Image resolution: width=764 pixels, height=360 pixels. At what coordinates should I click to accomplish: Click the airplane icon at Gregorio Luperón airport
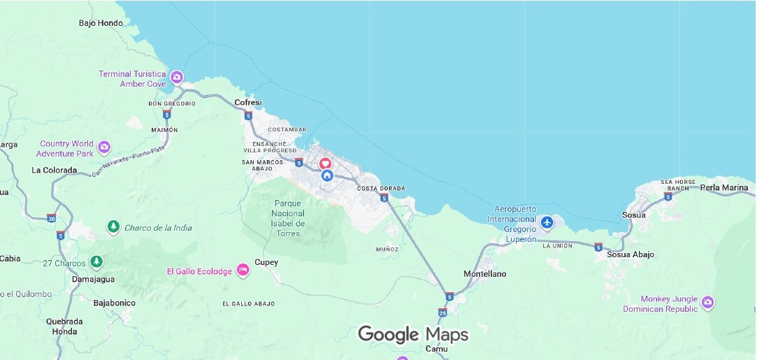[547, 222]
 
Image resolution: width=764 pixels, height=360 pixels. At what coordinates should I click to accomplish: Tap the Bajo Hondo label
[101, 23]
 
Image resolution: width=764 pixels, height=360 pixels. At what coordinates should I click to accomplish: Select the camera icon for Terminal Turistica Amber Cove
[178, 76]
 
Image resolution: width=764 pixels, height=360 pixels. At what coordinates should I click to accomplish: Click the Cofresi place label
[248, 103]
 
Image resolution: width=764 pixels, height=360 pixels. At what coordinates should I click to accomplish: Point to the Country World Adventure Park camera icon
[104, 147]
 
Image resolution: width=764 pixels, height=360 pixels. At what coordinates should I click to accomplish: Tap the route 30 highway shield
[52, 218]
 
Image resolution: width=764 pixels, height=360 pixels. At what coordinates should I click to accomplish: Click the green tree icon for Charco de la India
[113, 226]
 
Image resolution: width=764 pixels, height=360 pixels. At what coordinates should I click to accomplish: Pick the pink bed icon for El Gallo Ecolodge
[243, 270]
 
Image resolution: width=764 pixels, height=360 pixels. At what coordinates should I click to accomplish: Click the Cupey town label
[266, 263]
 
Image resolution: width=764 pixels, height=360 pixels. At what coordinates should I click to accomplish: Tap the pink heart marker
[326, 164]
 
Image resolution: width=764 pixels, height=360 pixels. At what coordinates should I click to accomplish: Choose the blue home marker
[327, 175]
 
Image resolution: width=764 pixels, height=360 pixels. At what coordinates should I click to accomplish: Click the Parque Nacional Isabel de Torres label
[288, 218]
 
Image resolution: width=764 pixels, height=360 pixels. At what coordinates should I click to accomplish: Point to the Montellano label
[485, 274]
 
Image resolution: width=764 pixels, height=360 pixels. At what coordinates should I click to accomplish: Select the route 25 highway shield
[442, 312]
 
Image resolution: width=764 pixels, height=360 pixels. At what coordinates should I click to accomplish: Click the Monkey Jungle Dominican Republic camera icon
[708, 302]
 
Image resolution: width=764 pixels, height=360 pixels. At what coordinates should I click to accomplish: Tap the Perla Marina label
[724, 188]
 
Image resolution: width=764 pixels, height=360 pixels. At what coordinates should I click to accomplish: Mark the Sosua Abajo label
[630, 254]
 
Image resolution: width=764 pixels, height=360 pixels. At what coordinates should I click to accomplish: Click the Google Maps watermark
[413, 335]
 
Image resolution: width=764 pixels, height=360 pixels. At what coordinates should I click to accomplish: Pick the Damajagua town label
[94, 279]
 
